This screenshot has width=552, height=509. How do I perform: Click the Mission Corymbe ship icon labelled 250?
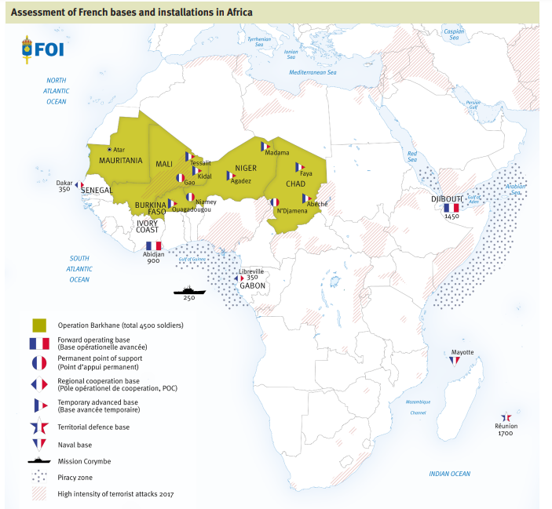tap(189, 289)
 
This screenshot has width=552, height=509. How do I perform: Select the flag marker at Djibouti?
tap(451, 208)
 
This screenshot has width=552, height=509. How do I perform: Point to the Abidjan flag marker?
tap(153, 246)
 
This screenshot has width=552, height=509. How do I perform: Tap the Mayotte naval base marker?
tap(454, 361)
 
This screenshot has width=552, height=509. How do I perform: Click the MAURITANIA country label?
tap(121, 160)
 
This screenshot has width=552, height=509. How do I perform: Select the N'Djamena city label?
tap(291, 211)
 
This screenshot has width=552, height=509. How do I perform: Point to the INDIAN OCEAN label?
tap(449, 474)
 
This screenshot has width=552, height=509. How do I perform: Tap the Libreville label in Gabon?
tap(251, 271)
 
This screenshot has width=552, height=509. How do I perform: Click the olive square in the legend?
tap(38, 325)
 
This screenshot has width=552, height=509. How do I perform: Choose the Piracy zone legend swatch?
tap(38, 477)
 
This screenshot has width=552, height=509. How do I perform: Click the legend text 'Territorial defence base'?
tap(93, 427)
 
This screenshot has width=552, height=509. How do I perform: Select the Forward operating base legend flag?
tap(38, 344)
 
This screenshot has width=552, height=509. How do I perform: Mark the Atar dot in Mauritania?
tap(109, 149)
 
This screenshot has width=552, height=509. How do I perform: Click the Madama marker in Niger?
tap(265, 146)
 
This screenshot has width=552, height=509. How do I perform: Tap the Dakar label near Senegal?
tap(64, 182)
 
